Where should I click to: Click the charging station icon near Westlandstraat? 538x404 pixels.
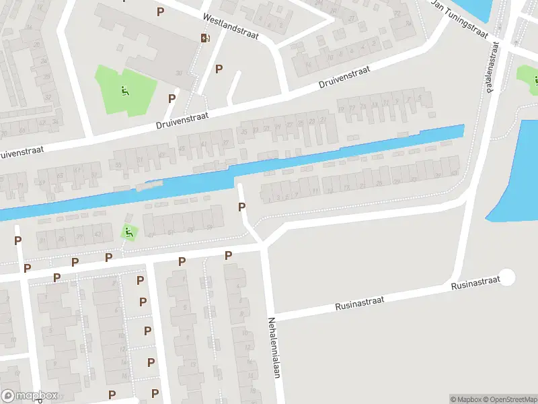204,38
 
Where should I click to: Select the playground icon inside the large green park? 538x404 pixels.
125,91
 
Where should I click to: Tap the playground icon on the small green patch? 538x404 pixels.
128,233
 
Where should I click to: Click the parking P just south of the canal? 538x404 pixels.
241,207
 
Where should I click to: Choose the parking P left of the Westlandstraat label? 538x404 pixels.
160,11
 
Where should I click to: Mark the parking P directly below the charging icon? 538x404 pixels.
219,69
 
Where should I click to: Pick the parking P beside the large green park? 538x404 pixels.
171,98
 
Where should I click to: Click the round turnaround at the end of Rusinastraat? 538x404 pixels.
506,277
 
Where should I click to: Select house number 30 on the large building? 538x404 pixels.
179,73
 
